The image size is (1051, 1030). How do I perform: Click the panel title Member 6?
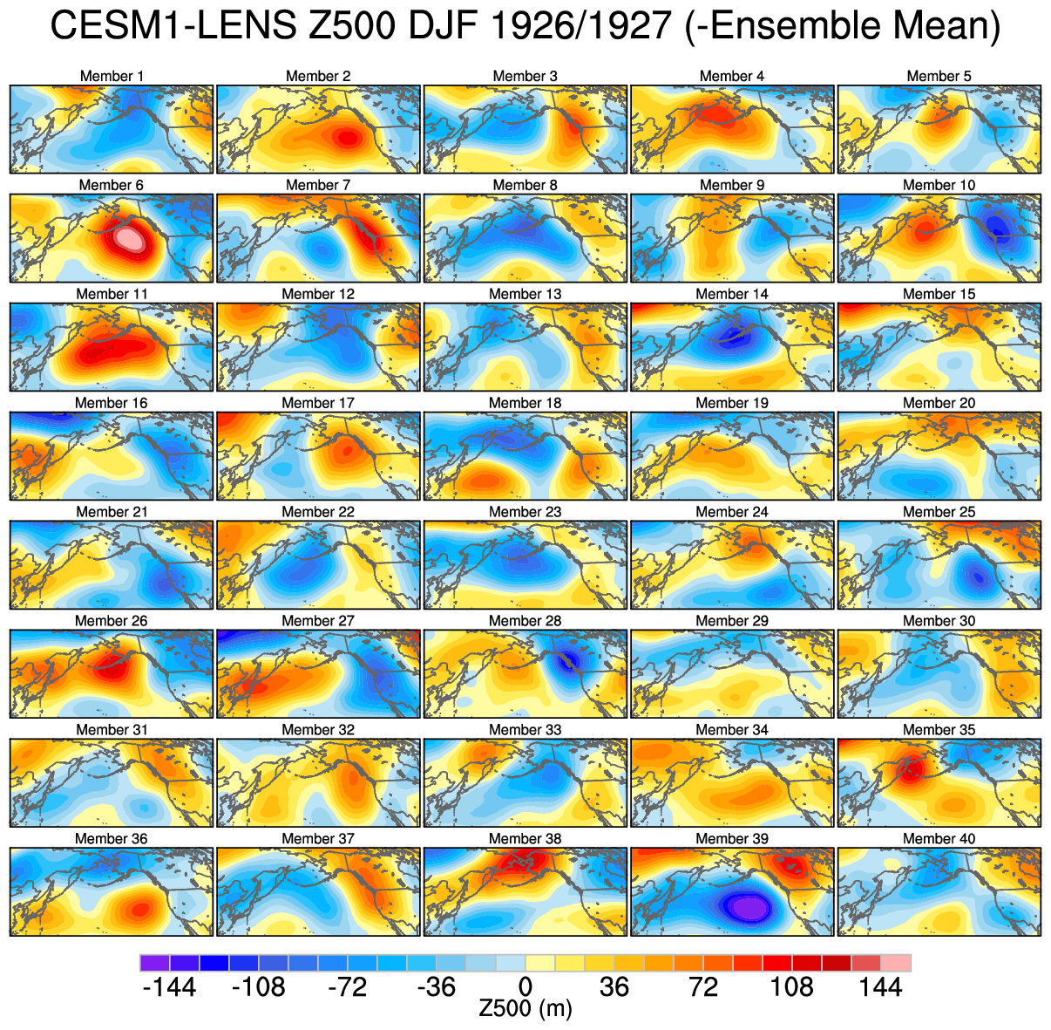click(111, 185)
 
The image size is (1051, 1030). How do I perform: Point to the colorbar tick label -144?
click(168, 987)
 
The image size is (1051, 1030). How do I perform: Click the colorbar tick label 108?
click(791, 987)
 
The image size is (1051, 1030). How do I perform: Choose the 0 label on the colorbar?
click(525, 987)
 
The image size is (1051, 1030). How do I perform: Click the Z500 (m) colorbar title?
click(525, 1009)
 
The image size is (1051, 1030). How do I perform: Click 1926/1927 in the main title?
click(582, 27)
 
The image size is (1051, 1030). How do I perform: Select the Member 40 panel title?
click(939, 839)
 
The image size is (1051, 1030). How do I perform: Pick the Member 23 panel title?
click(525, 512)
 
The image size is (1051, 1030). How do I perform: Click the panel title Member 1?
click(112, 76)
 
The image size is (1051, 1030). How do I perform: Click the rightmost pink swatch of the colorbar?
click(896, 963)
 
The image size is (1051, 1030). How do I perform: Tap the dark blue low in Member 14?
click(734, 337)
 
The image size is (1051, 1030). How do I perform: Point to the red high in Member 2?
click(348, 137)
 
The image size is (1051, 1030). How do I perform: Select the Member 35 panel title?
click(939, 730)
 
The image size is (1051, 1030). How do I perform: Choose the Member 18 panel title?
click(525, 403)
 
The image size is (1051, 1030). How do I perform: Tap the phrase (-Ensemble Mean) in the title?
click(841, 27)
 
